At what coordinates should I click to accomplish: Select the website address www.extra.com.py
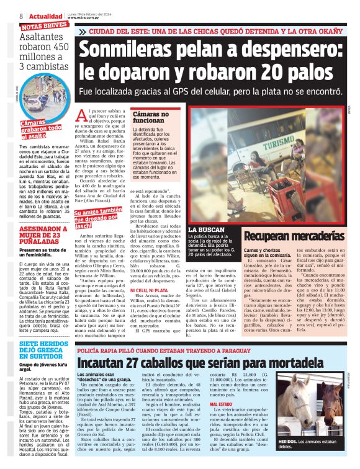pos(85,18)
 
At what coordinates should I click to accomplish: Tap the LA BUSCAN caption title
pos(207,230)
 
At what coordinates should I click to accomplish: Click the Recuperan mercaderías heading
pos(292,236)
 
